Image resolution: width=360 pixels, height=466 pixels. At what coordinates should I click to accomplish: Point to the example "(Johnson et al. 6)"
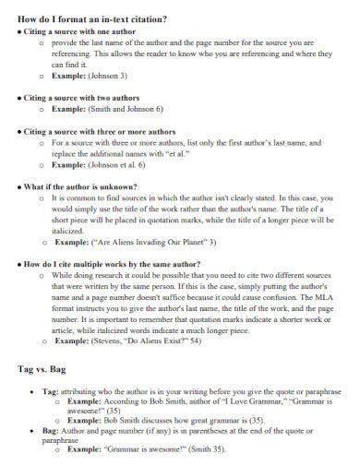(122, 164)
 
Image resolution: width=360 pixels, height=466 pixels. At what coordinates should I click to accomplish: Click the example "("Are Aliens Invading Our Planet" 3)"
(147, 242)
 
